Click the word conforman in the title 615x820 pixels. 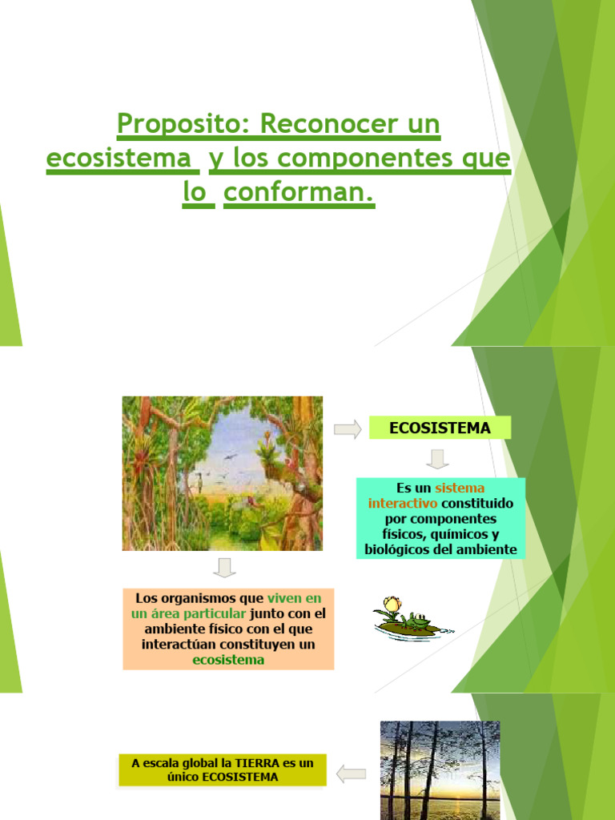298,193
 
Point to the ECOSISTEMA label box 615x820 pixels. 440,428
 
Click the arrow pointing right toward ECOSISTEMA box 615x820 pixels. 347,430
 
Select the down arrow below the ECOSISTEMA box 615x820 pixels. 437,459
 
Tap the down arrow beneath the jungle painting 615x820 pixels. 225,568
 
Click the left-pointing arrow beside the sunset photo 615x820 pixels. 351,774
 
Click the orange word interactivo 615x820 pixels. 403,503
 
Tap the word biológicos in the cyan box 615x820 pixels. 400,549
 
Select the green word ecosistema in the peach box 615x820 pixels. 228,660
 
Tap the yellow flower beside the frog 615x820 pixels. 392,605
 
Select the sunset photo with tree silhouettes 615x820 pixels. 440,770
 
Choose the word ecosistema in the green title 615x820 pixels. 121,159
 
